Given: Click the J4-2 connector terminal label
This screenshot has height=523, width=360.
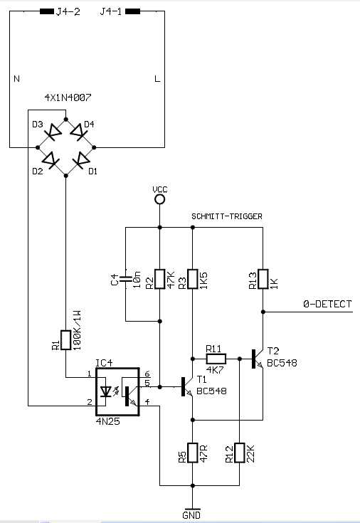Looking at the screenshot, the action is tap(68, 11).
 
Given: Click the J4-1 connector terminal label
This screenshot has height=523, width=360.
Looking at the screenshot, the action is tap(111, 11).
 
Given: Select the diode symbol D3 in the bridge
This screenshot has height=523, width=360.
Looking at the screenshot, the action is tap(53, 132).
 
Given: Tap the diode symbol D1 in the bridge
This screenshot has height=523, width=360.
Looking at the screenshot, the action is tap(80, 161).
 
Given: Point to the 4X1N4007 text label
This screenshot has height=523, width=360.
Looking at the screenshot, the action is tap(68, 97).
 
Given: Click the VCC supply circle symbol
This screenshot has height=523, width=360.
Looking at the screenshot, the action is tap(160, 199).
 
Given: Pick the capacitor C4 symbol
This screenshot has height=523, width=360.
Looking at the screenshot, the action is tap(126, 279).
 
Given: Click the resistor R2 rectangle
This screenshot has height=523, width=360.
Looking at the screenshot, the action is tap(160, 279).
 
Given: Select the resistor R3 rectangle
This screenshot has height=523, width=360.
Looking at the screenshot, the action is tap(193, 279).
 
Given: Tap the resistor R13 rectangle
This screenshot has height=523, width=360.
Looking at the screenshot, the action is tap(263, 279).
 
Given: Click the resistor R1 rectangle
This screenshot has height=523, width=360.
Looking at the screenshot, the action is tap(65, 340).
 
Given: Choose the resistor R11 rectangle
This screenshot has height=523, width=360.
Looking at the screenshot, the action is tap(216, 359).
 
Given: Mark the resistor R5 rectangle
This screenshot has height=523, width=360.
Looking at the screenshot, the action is tap(193, 453).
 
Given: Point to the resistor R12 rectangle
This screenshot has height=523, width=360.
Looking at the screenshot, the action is tap(240, 453).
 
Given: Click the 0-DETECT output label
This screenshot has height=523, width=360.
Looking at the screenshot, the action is tap(327, 304).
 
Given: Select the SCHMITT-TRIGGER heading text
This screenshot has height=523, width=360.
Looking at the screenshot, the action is tap(227, 216).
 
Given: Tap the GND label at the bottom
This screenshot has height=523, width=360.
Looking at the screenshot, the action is tap(191, 515).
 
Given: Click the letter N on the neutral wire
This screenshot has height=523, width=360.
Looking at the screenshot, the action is tap(16, 79).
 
